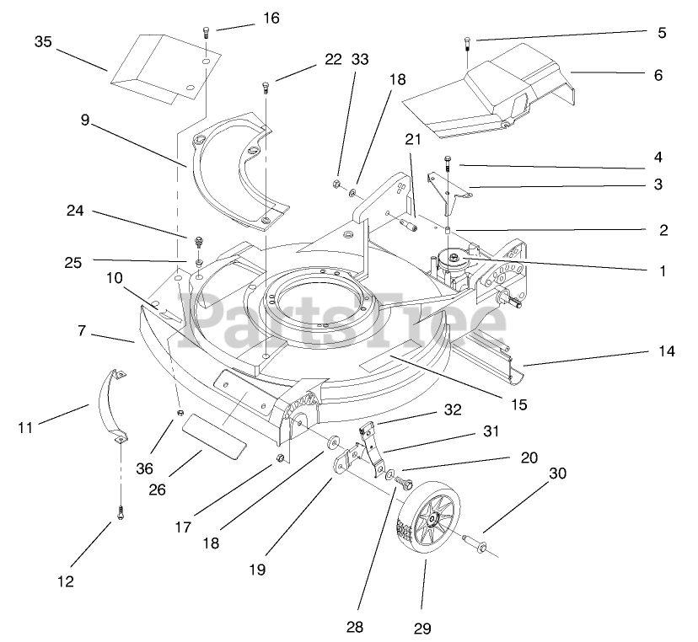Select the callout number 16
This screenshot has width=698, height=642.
pyautogui.click(x=246, y=18)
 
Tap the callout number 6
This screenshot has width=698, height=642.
pyautogui.click(x=658, y=75)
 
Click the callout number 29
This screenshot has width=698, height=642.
pyautogui.click(x=422, y=628)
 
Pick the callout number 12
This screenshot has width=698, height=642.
pyautogui.click(x=65, y=580)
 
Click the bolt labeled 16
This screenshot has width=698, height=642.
pyautogui.click(x=207, y=35)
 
